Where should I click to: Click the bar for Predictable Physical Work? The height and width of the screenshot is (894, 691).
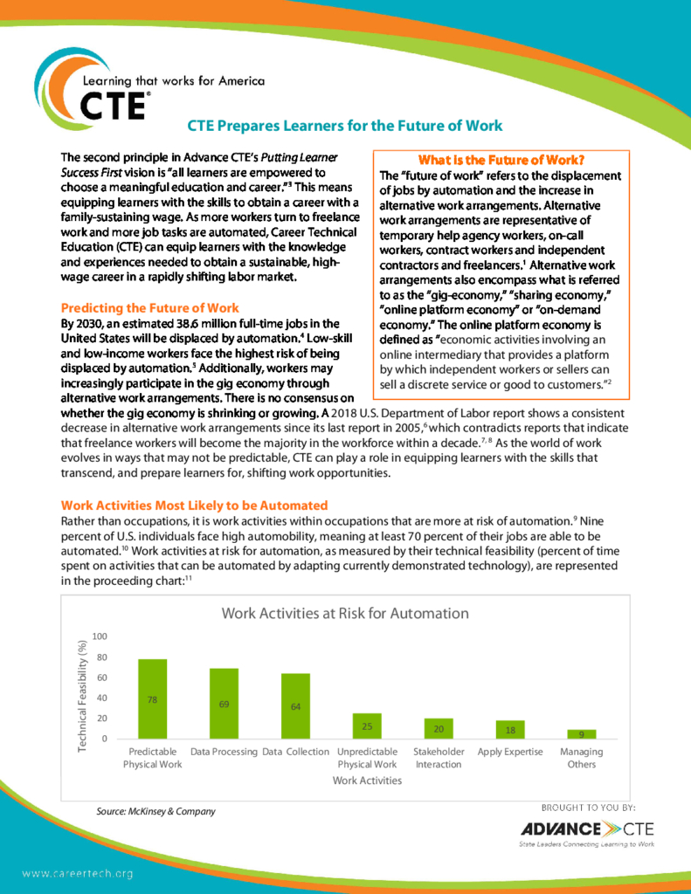point(153,699)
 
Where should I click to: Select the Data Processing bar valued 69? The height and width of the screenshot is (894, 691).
point(224,704)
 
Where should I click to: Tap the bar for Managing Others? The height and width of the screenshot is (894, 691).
point(581,734)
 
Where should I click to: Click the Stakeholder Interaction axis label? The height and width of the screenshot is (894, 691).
point(439,758)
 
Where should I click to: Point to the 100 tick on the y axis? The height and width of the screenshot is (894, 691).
point(100,636)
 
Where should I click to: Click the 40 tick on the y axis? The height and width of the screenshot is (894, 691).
point(101,698)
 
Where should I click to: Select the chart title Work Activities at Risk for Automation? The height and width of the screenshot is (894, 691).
point(345,613)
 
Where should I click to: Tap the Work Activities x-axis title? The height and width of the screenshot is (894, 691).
point(367,781)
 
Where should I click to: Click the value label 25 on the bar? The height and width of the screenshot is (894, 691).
point(367,726)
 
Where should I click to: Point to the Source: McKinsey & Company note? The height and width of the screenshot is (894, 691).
point(155,811)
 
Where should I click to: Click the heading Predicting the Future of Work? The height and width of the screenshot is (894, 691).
point(149,308)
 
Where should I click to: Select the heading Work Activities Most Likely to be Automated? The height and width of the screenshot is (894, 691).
point(194,505)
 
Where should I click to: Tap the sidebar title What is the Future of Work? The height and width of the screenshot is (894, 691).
point(501,160)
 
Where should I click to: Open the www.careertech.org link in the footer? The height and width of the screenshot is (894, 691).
point(77,873)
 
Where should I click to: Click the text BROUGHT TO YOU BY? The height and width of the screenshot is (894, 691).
point(588,808)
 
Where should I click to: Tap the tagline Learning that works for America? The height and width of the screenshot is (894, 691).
point(172,81)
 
